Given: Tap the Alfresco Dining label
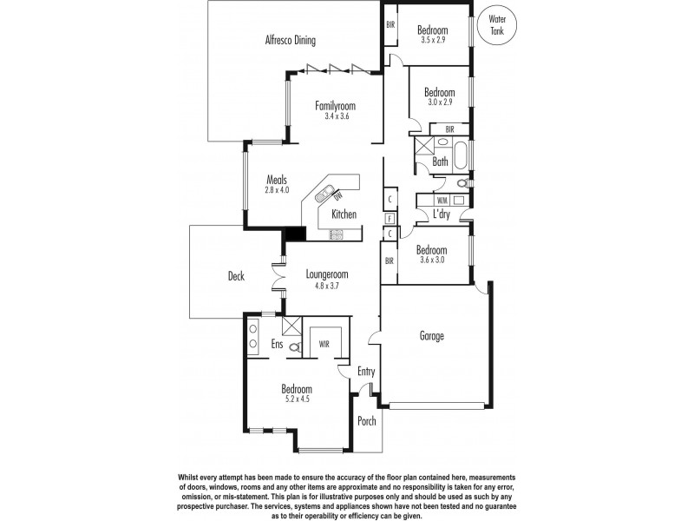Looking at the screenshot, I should pos(290,40).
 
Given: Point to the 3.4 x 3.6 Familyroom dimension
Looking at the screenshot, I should pos(336,116).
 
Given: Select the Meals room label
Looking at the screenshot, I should pos(277,180).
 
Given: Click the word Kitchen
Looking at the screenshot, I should pos(344,214).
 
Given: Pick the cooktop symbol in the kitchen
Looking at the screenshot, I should pos(336,234).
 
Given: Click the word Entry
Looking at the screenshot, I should pos(367,372).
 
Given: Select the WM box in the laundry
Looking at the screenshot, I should pos(442,200).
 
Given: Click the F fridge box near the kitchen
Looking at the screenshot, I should pos(390,218).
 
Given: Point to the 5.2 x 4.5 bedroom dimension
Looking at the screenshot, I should pos(296,400).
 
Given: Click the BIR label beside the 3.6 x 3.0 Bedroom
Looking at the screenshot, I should pos(389,260).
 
